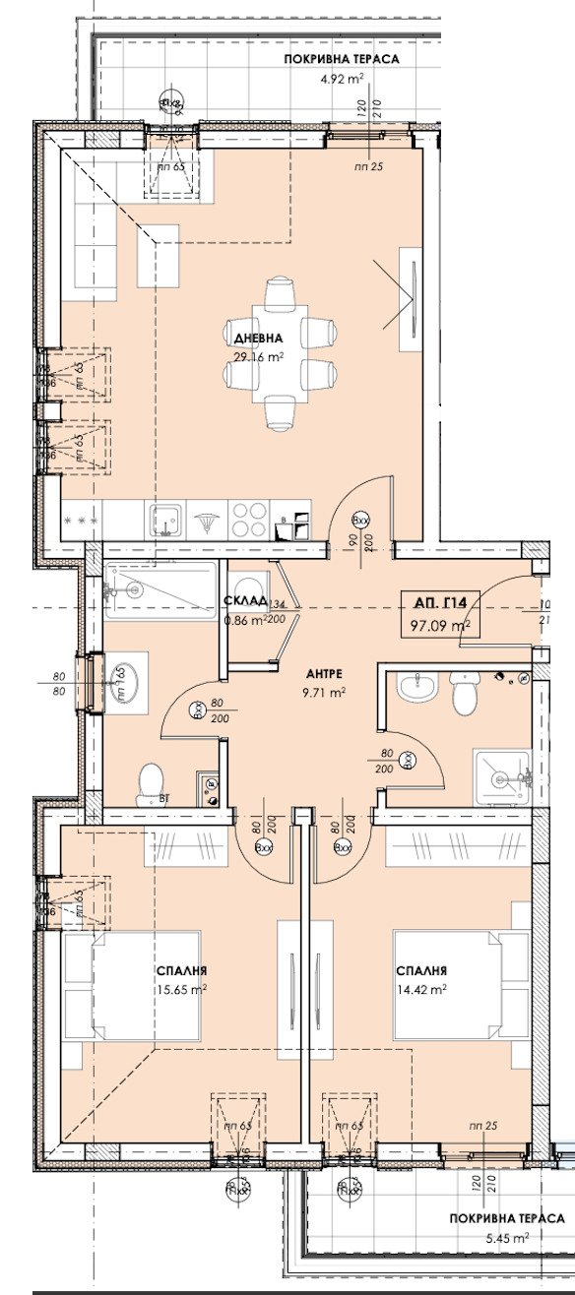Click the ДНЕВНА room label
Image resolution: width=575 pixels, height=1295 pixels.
point(259,339)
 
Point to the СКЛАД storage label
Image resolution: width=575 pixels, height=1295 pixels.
point(245,601)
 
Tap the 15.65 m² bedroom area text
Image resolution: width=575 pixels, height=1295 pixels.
point(181,990)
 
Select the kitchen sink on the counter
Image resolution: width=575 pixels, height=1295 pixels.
point(163,517)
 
